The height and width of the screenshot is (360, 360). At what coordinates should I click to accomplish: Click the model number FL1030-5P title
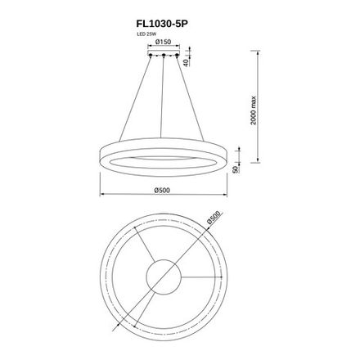[169, 25]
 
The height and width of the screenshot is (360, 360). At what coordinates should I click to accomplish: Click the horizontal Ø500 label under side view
[162, 191]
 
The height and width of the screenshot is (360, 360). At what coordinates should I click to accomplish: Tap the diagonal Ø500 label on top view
[215, 220]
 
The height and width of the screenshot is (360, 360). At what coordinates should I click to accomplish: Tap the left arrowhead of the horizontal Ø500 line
[102, 196]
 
